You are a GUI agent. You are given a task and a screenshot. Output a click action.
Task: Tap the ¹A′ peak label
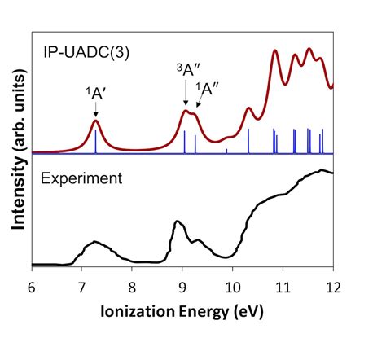pos(95,94)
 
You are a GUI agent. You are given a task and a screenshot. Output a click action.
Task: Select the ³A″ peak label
pos(187,71)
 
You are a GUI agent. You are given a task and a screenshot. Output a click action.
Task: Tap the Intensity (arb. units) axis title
pos(16,155)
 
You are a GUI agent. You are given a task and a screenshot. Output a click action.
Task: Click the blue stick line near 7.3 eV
pos(96,143)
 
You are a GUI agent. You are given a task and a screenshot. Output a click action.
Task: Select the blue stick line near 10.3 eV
pos(248,141)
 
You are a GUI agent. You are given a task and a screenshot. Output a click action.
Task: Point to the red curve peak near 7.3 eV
pos(96,121)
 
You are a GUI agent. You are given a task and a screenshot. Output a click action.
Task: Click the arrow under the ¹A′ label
pos(96,111)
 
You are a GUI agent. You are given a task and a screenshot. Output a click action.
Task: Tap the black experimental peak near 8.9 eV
pos(175,222)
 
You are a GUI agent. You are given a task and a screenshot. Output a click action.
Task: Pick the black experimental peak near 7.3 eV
pos(96,242)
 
